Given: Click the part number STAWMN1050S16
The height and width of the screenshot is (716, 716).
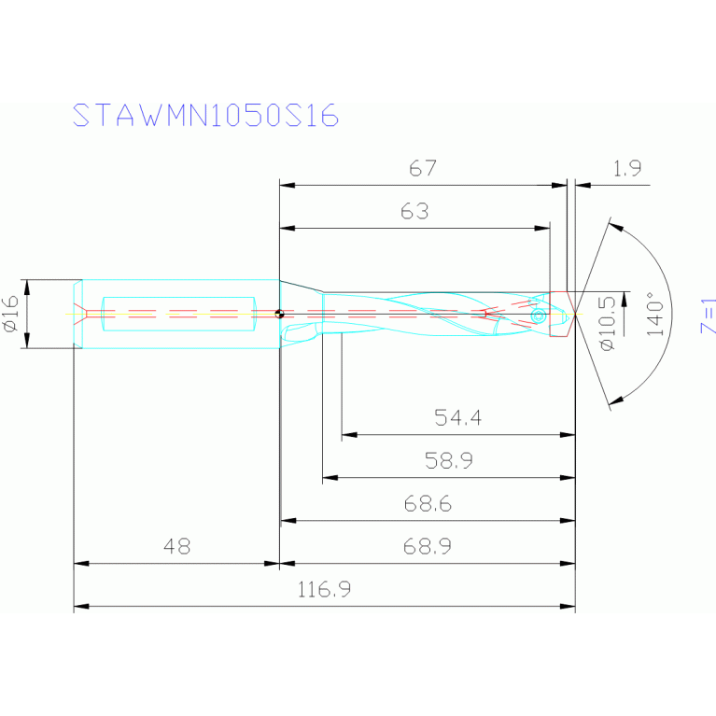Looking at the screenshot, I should point(205,115).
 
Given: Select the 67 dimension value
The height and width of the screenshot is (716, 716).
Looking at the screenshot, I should point(423,169).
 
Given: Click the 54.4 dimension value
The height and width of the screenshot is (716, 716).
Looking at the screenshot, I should point(457,418).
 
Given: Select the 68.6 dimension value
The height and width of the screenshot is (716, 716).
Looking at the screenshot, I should point(428,504).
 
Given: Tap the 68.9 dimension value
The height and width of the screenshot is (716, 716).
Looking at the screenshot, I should point(428,547).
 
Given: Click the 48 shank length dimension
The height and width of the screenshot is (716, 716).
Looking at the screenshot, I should point(176,547).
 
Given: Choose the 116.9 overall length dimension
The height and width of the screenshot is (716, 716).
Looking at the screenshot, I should point(324,590).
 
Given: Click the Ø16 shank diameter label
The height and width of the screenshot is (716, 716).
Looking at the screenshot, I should point(11,314).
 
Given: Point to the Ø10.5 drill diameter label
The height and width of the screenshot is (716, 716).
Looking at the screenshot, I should point(608,322).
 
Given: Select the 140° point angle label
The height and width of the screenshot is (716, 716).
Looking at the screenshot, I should point(654,314).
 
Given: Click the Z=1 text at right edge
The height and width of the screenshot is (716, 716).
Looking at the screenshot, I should point(708,316).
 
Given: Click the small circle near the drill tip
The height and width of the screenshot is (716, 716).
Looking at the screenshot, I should point(538,316).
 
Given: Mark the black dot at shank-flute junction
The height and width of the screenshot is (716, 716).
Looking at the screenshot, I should point(279,314).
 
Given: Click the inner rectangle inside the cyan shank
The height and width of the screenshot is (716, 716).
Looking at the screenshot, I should point(177,313).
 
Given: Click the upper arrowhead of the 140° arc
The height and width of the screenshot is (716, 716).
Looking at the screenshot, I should point(613,225).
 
